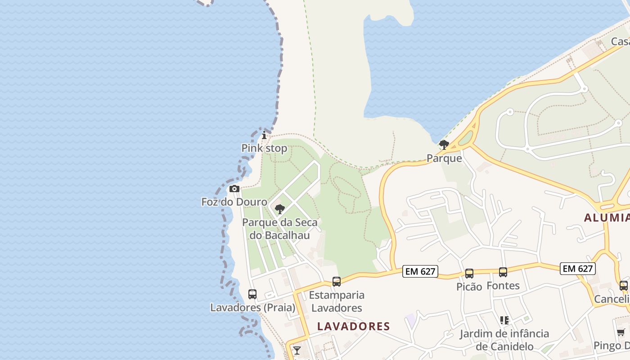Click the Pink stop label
[x=264, y=148]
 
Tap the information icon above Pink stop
[x=264, y=135]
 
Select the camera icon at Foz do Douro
[x=234, y=189]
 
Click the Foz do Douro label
[x=234, y=202]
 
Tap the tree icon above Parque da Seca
[x=279, y=209]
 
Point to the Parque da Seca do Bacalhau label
[x=279, y=228]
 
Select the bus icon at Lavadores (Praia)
[x=252, y=294]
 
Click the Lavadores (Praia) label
[x=253, y=307]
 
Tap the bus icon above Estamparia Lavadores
[x=337, y=282]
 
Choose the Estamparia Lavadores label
[x=337, y=301]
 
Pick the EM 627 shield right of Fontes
[x=578, y=269]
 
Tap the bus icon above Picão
[x=469, y=274]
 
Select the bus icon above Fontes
[x=503, y=272]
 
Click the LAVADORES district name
[x=354, y=326]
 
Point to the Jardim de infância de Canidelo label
[x=504, y=340]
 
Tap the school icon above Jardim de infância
[x=504, y=320]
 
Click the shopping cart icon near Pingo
[x=621, y=333]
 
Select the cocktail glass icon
[x=297, y=350]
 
